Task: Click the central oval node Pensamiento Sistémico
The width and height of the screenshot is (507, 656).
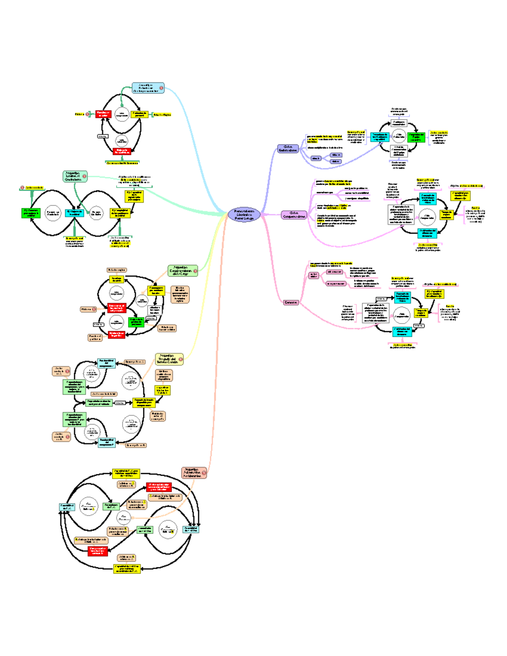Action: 244,215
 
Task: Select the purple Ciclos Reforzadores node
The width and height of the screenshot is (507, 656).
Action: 288,149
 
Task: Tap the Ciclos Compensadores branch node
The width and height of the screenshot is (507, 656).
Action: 294,215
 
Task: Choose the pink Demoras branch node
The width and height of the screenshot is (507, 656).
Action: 291,302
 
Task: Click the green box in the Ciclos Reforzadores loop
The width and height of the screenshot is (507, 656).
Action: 416,137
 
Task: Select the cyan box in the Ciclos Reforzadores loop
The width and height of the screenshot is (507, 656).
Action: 379,137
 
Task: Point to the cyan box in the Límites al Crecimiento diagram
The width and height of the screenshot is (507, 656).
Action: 74,212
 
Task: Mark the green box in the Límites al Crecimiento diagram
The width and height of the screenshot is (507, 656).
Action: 30,212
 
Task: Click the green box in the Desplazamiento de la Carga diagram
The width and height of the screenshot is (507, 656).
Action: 136,322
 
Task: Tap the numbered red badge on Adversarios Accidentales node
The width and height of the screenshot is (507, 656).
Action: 204,473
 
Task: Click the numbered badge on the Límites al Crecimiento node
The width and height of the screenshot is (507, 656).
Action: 84,176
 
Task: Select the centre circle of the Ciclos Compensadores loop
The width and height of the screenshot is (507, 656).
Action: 427,217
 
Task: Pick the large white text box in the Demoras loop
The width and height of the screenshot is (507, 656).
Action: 376,313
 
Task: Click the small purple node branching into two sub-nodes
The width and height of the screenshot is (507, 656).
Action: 316,158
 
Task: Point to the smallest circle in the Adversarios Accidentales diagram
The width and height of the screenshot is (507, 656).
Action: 124,517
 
